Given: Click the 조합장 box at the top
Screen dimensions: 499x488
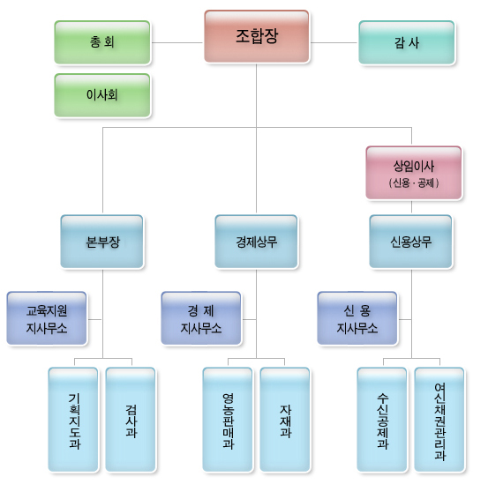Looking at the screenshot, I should coord(256,36).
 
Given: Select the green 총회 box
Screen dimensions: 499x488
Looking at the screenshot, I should coord(101,42).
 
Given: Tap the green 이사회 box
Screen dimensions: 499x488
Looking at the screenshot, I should coord(101,94).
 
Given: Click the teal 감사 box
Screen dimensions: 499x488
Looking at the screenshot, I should coord(406,42).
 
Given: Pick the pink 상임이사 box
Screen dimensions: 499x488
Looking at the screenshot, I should coord(413,165).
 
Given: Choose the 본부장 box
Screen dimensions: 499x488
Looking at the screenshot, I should coord(102,241).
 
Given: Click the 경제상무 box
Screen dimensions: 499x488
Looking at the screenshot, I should coord(256,241).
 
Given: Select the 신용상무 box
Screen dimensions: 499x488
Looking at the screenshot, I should coord(410,241).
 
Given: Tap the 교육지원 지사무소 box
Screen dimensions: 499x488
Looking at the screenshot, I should coord(47,318).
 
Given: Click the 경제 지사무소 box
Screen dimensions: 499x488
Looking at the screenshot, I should coord(201,318).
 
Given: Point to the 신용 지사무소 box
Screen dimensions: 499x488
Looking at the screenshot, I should coord(357,318).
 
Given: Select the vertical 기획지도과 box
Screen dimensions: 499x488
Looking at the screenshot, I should coord(73,419).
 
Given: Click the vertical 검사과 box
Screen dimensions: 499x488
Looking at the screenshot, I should coord(131,419).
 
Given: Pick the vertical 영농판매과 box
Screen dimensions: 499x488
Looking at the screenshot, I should coord(228,419).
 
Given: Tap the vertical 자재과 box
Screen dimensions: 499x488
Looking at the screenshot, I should coord(285,419).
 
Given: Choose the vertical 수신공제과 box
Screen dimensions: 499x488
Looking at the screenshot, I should coord(382,419).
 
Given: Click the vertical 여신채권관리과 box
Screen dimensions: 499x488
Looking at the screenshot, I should coord(439,419).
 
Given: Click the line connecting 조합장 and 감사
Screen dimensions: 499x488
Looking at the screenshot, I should coord(334,42).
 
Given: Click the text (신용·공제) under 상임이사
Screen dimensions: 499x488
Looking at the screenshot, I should coord(413,183).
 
